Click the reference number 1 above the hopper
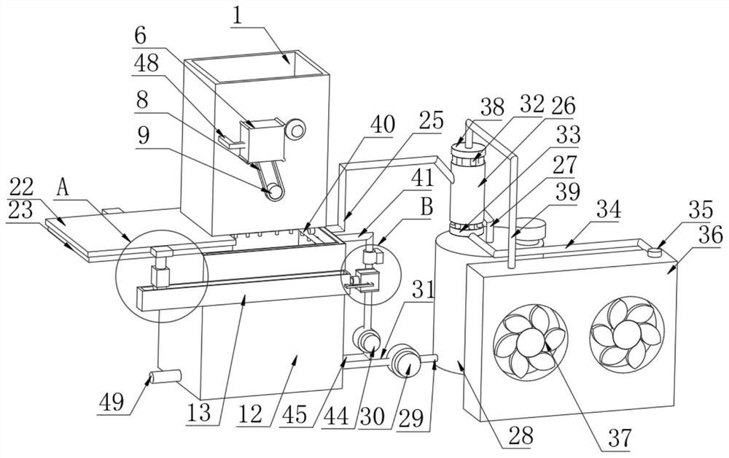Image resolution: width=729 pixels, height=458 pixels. point(237,15)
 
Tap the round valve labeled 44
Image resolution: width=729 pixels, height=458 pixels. point(367,339)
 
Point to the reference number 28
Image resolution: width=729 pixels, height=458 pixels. point(522,436)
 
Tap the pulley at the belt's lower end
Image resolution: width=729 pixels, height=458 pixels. point(275,191)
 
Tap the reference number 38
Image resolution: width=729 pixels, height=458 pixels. point(492,106)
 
